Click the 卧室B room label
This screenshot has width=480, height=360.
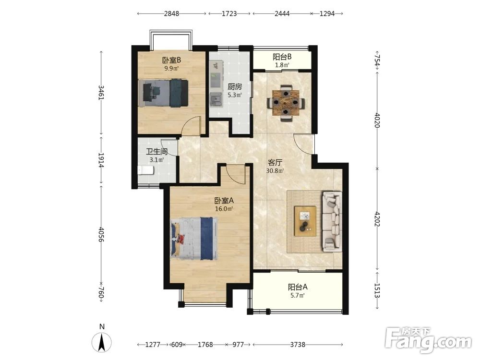(x=171, y=60)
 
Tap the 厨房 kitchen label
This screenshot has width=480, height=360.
(x=235, y=86)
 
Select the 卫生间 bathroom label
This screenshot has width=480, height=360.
(x=157, y=152)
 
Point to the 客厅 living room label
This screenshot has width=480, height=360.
(x=275, y=163)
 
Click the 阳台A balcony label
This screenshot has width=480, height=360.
(x=298, y=287)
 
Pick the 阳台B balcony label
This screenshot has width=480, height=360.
(x=282, y=57)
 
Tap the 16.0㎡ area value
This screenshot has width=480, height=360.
(x=224, y=209)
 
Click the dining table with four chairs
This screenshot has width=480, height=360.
(x=286, y=103)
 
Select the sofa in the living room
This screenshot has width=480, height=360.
(x=332, y=222)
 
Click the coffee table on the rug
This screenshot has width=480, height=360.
(x=305, y=221)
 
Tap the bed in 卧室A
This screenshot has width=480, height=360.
(x=194, y=239)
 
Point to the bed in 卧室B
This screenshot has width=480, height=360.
(x=163, y=93)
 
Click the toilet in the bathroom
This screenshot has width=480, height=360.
(x=145, y=170)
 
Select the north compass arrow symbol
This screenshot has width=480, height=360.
(x=102, y=341)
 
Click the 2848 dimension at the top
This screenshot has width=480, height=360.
(x=171, y=14)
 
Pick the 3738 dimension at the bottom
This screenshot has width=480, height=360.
(x=298, y=345)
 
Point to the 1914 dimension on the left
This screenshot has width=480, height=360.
(x=101, y=160)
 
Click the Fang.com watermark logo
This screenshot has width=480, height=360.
(x=428, y=340)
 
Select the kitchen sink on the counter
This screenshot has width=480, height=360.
(x=216, y=98)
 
